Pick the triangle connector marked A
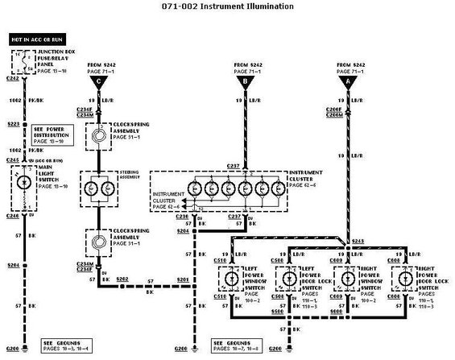pyautogui.click(x=347, y=81)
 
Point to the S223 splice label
pyautogui.click(x=14, y=124)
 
